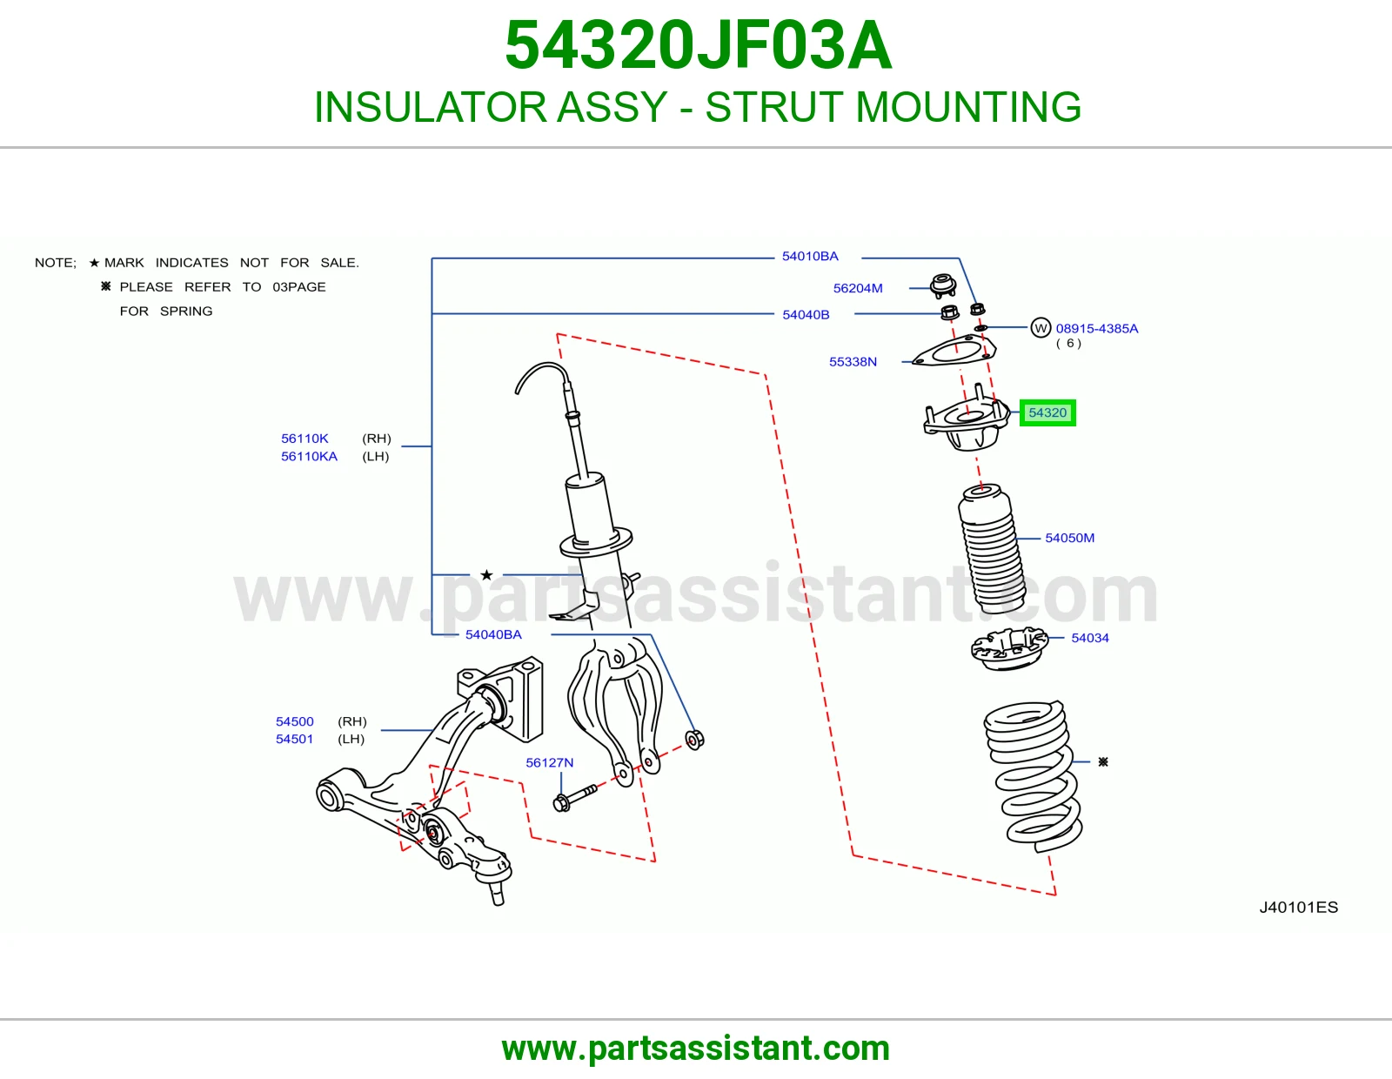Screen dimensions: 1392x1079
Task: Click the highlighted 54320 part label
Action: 1047,412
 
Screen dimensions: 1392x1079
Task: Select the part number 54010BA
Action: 810,257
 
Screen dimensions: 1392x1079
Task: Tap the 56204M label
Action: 858,288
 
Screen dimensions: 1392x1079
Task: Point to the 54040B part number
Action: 806,315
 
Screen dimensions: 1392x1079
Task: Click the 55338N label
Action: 853,361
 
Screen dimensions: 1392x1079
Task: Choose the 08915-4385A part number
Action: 1097,329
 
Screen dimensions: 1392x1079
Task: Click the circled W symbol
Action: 1041,328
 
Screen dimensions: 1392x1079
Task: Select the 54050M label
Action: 1070,538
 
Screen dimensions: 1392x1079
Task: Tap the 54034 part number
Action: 1089,638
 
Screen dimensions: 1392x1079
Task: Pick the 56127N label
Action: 550,762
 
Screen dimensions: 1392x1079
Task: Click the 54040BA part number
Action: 493,634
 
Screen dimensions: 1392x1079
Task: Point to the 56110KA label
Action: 309,456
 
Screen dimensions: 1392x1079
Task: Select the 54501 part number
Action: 294,739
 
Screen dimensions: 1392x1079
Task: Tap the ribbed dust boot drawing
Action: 992,550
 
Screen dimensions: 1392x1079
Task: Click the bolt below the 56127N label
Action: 574,796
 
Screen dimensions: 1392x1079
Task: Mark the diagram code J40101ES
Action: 1298,908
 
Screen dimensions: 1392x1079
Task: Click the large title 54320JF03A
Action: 698,45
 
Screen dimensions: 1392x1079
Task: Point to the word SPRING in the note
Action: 186,312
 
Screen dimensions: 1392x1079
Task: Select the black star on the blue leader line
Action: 487,574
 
